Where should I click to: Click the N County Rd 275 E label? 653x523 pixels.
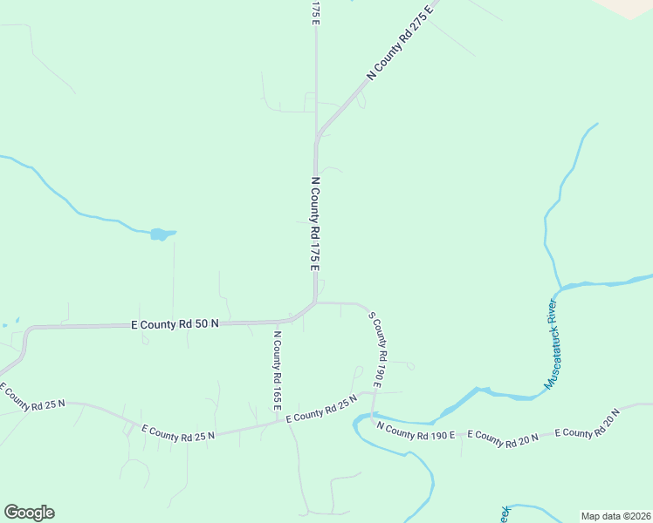tap(400, 42)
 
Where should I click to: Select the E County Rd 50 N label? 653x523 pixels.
tap(175, 323)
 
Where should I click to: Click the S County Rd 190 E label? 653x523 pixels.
tap(376, 349)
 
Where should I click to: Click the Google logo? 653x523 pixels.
tap(29, 513)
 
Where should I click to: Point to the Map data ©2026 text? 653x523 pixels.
tap(615, 515)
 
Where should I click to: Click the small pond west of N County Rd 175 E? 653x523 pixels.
tap(161, 234)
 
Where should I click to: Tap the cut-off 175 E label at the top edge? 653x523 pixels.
tap(315, 12)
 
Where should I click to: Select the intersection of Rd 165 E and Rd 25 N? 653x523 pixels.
tap(286, 423)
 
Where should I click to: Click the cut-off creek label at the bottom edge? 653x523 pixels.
tap(505, 514)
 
